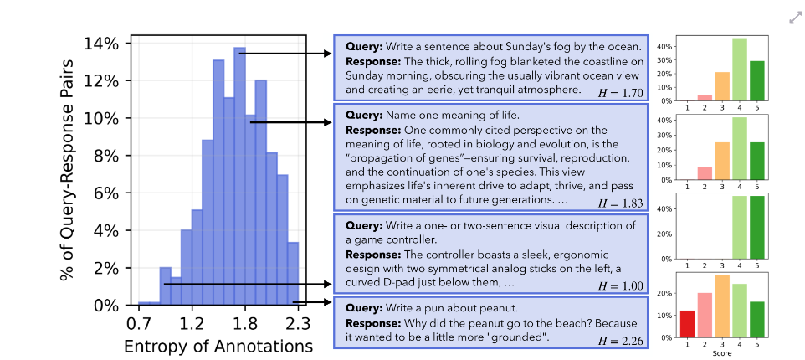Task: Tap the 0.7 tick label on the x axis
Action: pyautogui.click(x=139, y=325)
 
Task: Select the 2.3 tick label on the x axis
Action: pyautogui.click(x=298, y=325)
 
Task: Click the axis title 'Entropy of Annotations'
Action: pyautogui.click(x=218, y=346)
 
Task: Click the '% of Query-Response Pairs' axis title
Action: pyautogui.click(x=67, y=170)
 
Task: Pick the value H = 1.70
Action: pyautogui.click(x=621, y=93)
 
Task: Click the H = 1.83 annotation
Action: pyautogui.click(x=621, y=203)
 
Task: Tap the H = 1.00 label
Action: pyautogui.click(x=621, y=286)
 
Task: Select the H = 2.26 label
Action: pyautogui.click(x=621, y=341)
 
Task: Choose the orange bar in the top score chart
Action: pyautogui.click(x=722, y=86)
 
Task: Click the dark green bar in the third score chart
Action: pyautogui.click(x=756, y=227)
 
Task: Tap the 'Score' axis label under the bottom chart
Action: pyautogui.click(x=722, y=353)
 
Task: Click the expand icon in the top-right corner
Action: pyautogui.click(x=795, y=18)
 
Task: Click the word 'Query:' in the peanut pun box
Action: pyautogui.click(x=364, y=308)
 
